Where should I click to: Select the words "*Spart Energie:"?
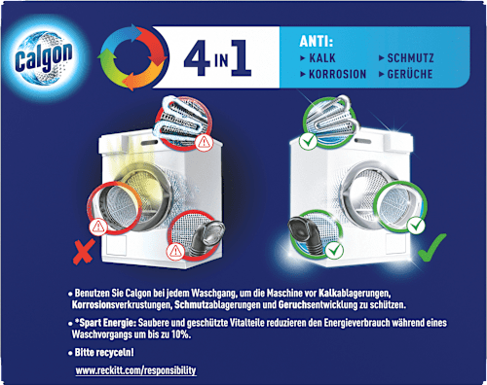(108, 323)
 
